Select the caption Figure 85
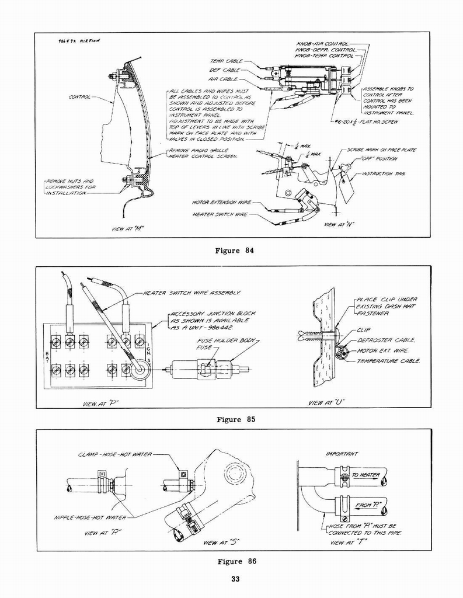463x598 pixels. coord(235,419)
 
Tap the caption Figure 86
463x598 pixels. coord(235,562)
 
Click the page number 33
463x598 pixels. coord(235,579)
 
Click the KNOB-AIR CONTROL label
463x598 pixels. coord(322,44)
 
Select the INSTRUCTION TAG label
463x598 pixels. coord(382,174)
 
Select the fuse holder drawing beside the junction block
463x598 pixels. coord(207,369)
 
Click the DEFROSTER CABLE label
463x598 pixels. coord(385,340)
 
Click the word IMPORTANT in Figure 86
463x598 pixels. coord(341,454)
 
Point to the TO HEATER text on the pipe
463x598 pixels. coord(365,476)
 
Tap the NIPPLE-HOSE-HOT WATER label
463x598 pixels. coord(90,517)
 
